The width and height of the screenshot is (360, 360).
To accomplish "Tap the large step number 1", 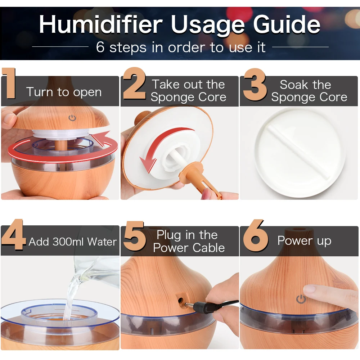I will [x=10, y=84].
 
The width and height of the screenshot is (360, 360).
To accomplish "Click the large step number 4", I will [x=13, y=235].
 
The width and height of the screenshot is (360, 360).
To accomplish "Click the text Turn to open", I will [x=64, y=92].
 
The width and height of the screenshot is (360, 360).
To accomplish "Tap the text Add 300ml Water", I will [x=72, y=242].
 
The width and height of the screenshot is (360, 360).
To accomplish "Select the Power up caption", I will [x=304, y=240].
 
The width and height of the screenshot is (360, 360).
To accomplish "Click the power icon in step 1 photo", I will [x=72, y=118].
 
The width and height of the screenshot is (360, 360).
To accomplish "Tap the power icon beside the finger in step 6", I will [x=301, y=299].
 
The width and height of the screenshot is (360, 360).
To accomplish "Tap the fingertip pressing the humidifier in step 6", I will [x=310, y=290].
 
